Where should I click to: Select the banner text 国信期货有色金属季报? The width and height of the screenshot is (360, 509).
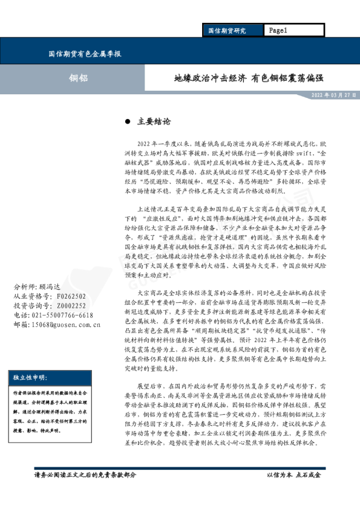click(x=85, y=54)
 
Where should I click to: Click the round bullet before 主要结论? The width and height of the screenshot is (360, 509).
click(x=127, y=121)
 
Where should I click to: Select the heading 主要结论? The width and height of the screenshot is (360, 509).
click(x=150, y=121)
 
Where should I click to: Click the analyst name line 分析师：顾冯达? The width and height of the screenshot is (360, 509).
click(x=38, y=287)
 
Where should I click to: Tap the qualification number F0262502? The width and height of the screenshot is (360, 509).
click(x=71, y=296)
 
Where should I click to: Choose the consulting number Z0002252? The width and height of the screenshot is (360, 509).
click(x=71, y=306)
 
